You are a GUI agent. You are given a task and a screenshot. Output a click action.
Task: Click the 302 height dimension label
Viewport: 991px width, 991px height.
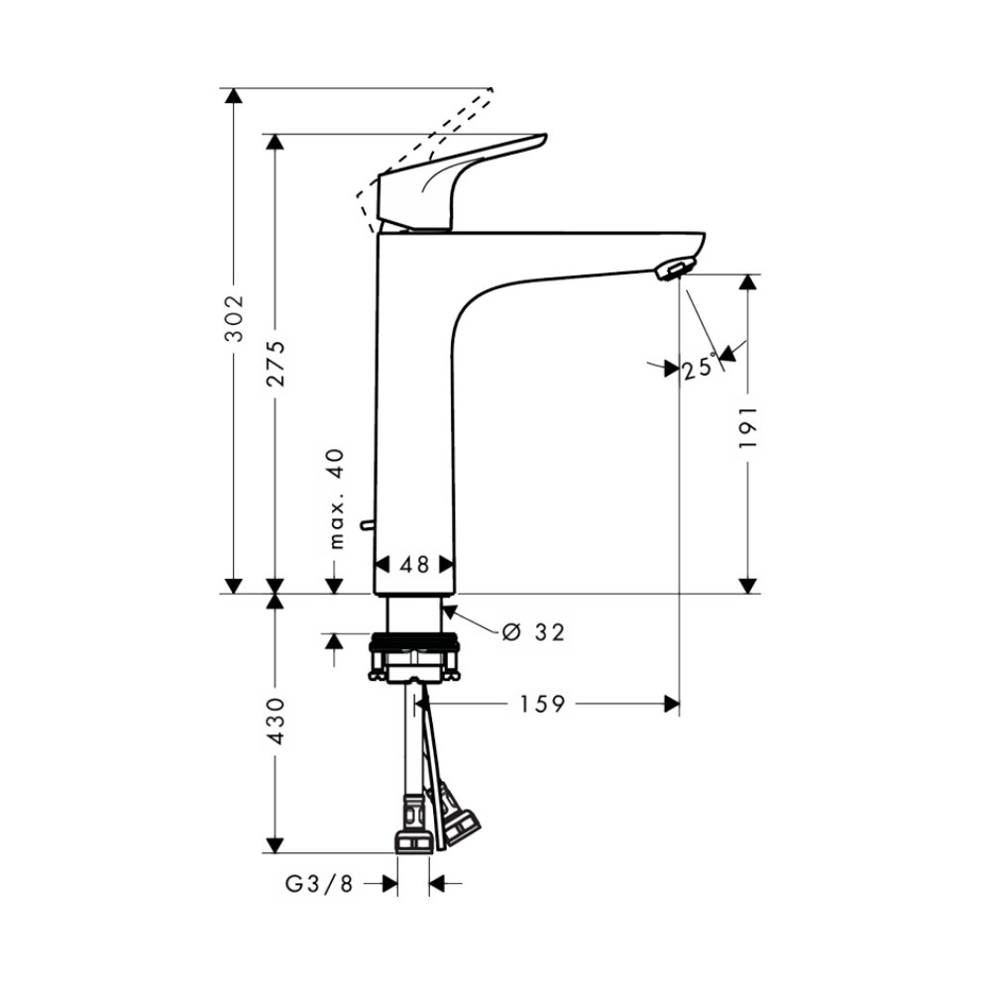point(234,317)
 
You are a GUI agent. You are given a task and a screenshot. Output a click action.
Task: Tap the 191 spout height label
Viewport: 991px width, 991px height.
point(748,427)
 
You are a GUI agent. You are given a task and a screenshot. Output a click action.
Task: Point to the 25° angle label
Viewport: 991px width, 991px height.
point(698,368)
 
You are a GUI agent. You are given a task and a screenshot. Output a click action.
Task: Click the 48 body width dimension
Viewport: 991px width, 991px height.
point(414,565)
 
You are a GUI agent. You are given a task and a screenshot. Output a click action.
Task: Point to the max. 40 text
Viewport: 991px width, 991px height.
point(337,498)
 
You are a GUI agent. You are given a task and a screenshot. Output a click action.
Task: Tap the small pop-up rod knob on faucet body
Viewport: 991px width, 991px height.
point(368,523)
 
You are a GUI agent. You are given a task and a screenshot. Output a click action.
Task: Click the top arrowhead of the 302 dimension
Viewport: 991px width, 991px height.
point(234,95)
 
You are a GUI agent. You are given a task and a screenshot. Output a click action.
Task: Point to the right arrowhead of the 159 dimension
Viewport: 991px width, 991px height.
point(673,705)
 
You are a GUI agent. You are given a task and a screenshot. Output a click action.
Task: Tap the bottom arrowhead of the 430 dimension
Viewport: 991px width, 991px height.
point(275,844)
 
